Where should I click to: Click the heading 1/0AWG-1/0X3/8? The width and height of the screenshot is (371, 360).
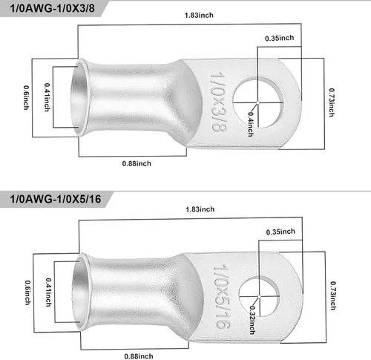[52, 8]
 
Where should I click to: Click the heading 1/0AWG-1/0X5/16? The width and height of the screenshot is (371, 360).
[56, 199]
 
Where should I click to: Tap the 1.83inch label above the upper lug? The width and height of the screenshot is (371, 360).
[199, 15]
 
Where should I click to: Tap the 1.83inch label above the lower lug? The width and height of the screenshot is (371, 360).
[200, 209]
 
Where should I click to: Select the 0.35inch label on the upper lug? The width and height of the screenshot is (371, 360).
[280, 38]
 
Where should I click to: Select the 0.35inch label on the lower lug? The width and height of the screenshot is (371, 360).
[280, 232]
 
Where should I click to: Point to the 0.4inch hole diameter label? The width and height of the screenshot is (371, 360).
[251, 124]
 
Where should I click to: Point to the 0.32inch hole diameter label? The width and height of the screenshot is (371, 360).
[252, 320]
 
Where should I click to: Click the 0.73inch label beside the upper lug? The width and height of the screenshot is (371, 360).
[332, 102]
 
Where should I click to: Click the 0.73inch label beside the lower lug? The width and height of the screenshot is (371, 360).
[333, 295]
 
